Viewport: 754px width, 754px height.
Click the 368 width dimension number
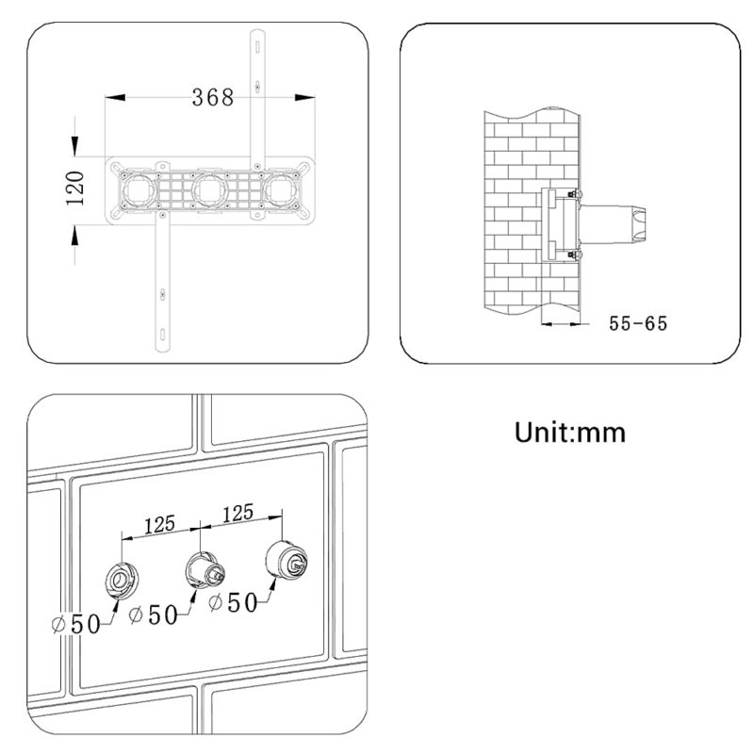213,98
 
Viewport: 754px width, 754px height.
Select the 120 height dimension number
75,188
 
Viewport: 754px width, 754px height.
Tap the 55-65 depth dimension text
638,323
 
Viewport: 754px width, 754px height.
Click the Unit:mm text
570,433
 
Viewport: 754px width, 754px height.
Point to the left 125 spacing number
159,525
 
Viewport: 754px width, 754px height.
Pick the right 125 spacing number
238,513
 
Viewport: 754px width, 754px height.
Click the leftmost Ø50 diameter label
76,624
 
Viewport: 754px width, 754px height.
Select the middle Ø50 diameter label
154,615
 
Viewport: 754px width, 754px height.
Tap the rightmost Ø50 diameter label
234,602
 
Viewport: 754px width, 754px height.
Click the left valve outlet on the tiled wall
123,580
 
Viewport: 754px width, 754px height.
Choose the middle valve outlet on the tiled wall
205,570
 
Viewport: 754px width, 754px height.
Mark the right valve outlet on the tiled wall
287,561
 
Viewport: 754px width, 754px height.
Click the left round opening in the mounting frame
139,191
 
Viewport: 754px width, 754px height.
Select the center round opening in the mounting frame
209,191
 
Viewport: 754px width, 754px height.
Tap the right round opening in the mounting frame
282,191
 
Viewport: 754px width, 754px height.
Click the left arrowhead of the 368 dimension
115,98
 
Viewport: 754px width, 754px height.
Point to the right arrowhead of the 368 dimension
304,98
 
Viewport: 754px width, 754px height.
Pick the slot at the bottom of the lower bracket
162,334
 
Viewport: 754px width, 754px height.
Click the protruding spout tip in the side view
639,224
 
